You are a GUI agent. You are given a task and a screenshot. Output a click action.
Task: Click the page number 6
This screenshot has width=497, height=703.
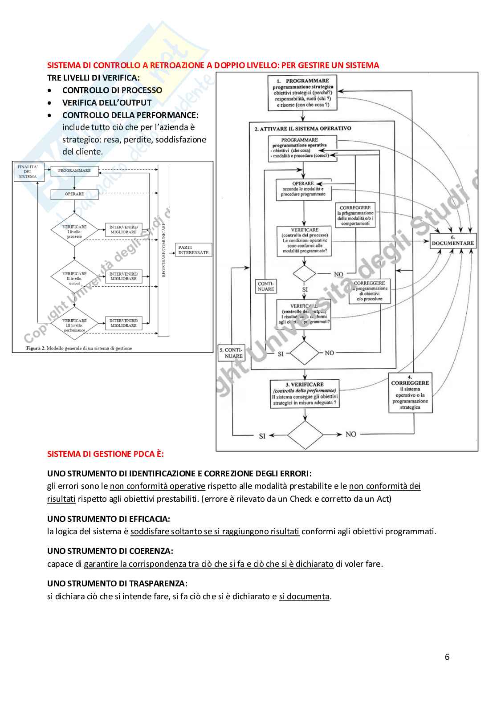(x=447, y=657)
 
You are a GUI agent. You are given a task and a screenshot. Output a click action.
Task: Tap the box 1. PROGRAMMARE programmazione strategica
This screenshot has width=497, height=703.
(x=303, y=93)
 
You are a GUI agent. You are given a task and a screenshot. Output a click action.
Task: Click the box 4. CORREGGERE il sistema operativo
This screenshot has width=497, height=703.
(x=410, y=393)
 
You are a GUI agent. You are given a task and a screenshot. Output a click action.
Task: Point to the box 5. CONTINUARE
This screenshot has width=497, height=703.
(x=231, y=353)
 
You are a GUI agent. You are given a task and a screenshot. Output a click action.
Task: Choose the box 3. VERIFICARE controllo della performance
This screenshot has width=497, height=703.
(x=305, y=394)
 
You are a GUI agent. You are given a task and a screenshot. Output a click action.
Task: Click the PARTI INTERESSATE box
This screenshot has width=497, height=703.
(x=193, y=250)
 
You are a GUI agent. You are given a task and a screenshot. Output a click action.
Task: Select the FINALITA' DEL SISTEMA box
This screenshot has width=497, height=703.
(x=28, y=172)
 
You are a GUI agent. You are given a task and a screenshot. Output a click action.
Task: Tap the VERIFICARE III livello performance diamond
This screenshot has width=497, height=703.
(x=74, y=325)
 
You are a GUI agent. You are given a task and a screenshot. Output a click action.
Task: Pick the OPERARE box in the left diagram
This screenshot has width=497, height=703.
(x=74, y=194)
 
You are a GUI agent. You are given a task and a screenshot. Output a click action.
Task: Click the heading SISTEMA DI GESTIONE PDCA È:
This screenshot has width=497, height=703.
(x=106, y=454)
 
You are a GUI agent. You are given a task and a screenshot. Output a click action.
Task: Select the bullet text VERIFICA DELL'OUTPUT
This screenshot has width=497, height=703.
(x=107, y=102)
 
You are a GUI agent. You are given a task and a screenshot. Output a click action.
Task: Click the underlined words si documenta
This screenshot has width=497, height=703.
(x=304, y=596)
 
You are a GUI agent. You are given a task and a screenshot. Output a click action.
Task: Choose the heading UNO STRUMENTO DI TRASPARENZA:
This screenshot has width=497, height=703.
(x=117, y=583)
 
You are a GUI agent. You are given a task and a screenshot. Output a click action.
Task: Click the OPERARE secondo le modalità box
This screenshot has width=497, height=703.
(x=303, y=189)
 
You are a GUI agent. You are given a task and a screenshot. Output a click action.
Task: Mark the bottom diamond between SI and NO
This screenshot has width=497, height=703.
(x=305, y=435)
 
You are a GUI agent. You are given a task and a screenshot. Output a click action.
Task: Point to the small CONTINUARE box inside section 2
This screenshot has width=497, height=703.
(x=266, y=286)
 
